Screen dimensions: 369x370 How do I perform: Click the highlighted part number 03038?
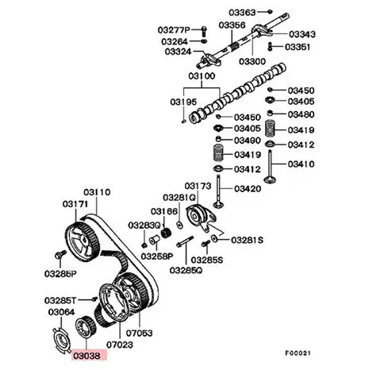coord(87,356)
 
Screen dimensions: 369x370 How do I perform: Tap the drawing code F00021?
coord(298,353)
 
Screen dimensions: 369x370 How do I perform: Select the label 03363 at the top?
coord(242,12)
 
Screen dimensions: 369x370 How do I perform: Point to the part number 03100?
coord(202,76)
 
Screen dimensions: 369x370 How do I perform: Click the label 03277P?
coord(174,30)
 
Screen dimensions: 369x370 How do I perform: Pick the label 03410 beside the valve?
coord(301,164)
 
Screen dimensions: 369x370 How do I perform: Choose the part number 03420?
coord(248,189)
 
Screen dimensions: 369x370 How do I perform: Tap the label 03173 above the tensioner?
coord(198,186)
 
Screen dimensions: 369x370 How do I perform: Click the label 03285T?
coord(60,300)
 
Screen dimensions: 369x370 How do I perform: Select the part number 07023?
coord(120,345)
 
